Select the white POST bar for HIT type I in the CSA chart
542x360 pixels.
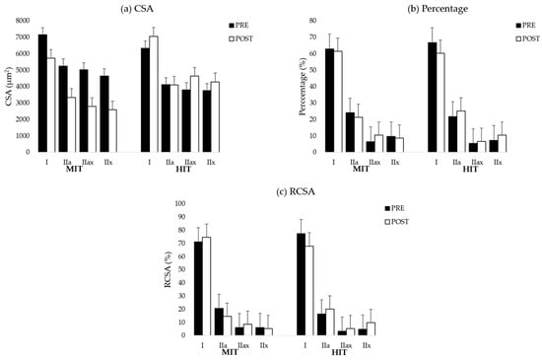[153, 95]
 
